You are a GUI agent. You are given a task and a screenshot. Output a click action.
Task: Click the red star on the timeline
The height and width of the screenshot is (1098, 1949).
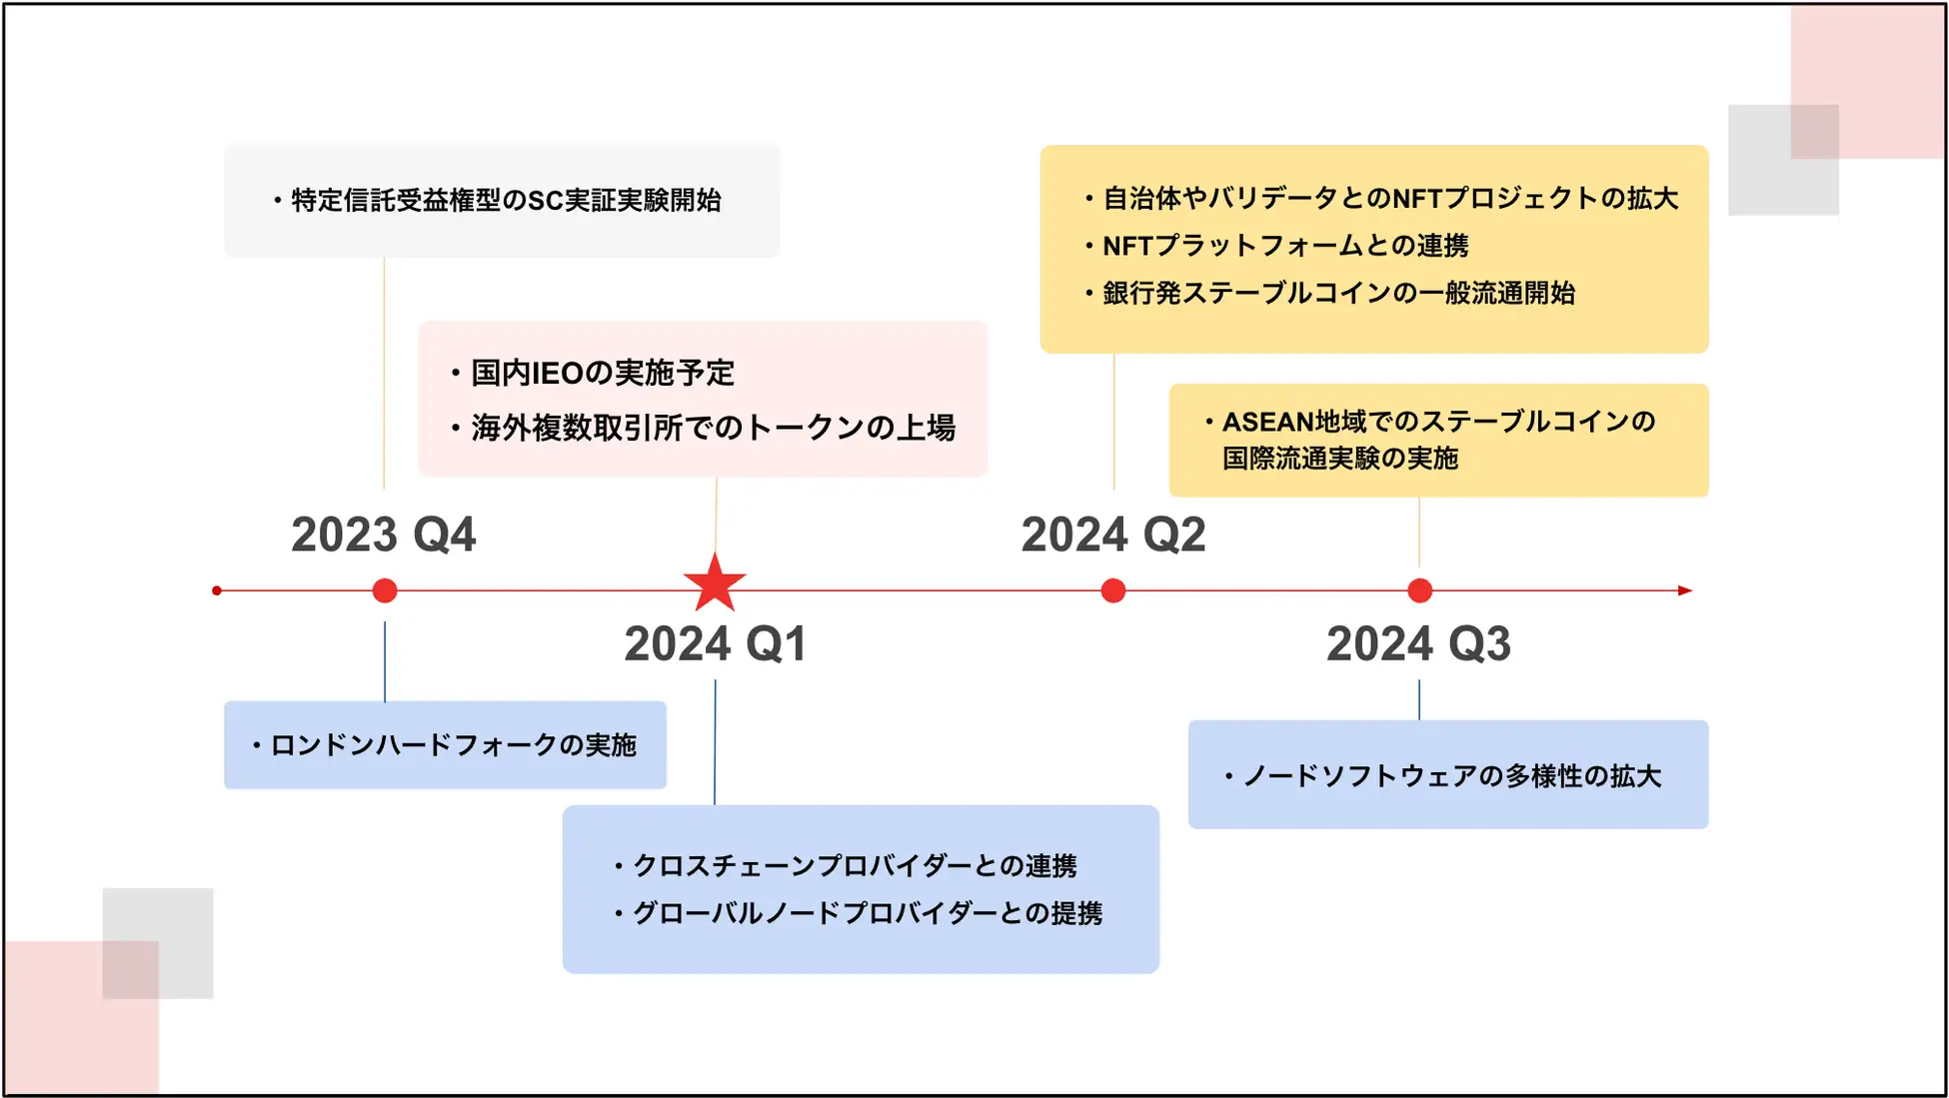click(715, 583)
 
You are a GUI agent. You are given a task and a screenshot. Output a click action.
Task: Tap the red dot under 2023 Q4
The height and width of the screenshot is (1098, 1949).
click(385, 590)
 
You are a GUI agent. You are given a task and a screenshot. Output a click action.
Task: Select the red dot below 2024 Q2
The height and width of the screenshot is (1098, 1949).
click(1113, 590)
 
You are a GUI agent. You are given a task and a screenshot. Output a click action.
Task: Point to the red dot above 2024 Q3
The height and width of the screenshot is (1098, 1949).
click(1419, 590)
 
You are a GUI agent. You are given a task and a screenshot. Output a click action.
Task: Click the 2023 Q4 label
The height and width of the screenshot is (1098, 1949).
click(384, 535)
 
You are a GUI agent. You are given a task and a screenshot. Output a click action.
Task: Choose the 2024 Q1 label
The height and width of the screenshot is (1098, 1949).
click(715, 643)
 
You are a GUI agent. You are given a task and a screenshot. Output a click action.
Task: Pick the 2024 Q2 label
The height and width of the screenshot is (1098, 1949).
click(1113, 535)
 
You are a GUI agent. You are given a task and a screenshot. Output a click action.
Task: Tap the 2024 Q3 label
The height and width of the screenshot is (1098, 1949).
click(1418, 643)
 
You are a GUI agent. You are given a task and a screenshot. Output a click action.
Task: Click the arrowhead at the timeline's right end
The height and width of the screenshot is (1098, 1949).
click(1685, 590)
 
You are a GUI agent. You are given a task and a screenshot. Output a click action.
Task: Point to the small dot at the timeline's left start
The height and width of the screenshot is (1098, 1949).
click(217, 590)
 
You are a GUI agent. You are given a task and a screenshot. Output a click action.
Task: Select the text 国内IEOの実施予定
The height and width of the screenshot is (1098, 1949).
click(603, 373)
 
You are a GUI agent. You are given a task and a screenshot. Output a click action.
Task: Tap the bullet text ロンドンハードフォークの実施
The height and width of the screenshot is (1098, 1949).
click(453, 745)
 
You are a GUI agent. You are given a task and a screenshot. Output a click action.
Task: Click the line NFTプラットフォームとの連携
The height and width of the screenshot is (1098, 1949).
click(1285, 246)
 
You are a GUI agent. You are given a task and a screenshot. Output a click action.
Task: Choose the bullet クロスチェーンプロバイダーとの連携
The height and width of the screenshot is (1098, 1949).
click(855, 865)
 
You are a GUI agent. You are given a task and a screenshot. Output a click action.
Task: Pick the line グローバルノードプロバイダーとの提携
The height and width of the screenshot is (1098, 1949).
click(868, 913)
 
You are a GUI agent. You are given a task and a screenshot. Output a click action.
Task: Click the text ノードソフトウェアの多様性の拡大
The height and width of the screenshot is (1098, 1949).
click(1451, 776)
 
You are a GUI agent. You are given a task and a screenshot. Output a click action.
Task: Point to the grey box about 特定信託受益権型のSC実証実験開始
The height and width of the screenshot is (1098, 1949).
click(502, 201)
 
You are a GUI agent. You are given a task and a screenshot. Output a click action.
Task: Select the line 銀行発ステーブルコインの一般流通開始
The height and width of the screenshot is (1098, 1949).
click(1338, 293)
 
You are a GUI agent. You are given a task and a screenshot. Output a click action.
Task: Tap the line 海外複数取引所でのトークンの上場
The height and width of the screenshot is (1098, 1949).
click(714, 428)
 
